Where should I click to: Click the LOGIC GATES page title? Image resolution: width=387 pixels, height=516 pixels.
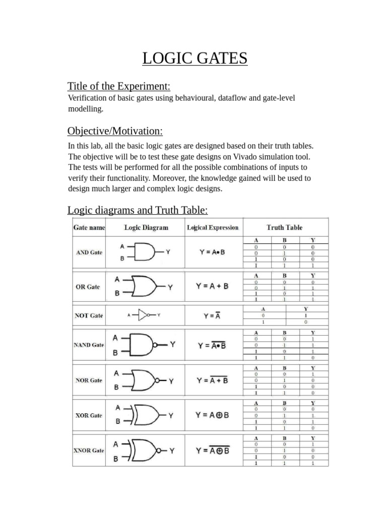click(195, 58)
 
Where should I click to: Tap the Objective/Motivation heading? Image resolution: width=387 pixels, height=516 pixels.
click(115, 132)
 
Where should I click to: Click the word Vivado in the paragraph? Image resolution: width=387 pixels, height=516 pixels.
click(223, 156)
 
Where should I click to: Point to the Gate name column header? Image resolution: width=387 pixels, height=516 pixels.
click(89, 228)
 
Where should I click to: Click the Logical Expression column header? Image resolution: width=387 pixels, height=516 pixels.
click(213, 228)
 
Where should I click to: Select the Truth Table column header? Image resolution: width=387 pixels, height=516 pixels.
click(284, 228)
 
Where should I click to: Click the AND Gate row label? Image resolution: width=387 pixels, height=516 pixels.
click(89, 252)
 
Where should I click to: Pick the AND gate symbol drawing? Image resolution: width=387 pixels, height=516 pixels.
click(146, 252)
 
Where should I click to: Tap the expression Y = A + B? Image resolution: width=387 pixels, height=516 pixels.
click(212, 286)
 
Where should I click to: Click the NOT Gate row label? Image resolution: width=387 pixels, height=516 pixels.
click(89, 315)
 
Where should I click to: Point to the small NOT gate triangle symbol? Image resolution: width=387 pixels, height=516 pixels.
click(145, 315)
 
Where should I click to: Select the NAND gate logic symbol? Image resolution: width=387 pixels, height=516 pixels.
click(146, 345)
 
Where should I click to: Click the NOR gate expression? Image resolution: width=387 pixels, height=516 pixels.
click(212, 380)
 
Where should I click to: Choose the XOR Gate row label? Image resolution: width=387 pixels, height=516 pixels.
click(89, 415)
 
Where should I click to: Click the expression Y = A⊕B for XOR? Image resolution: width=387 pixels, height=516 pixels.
click(212, 415)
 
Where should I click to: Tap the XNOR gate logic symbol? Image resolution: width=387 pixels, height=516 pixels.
click(146, 450)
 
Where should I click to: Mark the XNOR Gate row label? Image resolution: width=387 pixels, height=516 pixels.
click(89, 450)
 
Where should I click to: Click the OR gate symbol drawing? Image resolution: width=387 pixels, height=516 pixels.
click(146, 286)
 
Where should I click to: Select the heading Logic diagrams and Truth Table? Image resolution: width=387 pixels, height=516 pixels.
click(138, 210)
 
